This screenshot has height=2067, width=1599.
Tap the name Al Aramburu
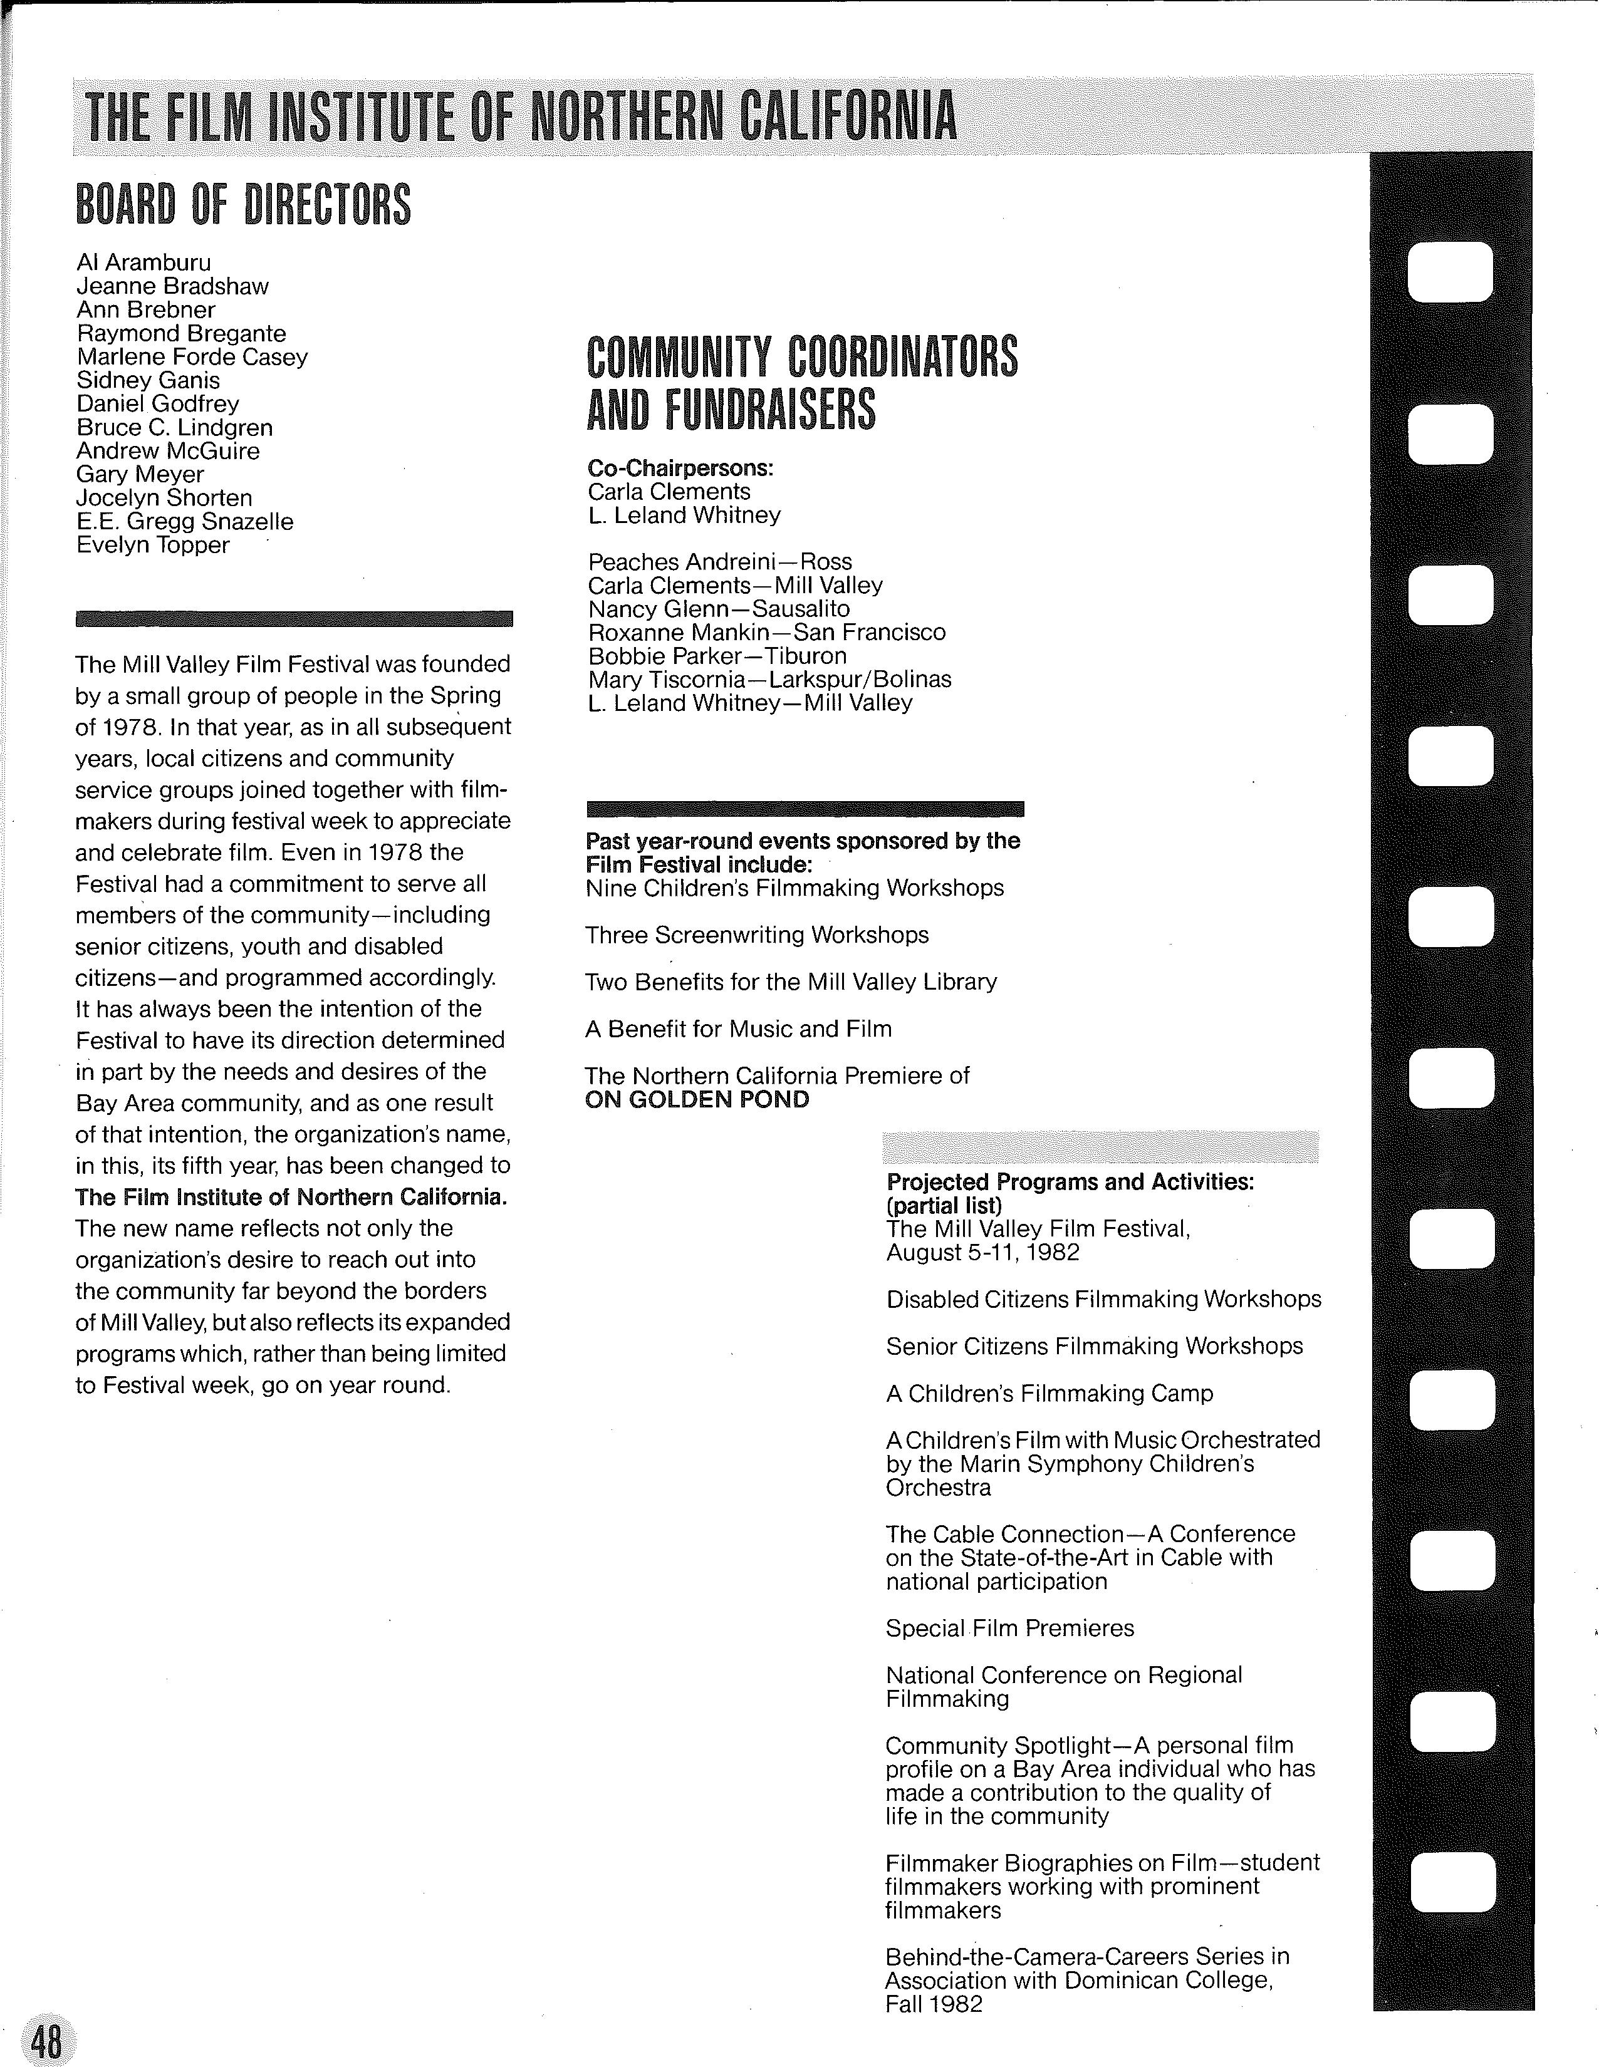pyautogui.click(x=144, y=262)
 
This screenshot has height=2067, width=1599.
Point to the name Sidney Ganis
pyautogui.click(x=148, y=380)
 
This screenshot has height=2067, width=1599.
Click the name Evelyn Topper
pyautogui.click(x=154, y=545)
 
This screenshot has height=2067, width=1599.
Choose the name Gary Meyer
pyautogui.click(x=140, y=474)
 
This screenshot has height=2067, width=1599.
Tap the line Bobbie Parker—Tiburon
pyautogui.click(x=717, y=656)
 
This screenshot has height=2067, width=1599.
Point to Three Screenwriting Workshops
pyautogui.click(x=756, y=935)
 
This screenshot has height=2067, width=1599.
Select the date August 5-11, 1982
pyautogui.click(x=982, y=1252)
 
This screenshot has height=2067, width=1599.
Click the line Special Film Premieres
pyautogui.click(x=1009, y=1628)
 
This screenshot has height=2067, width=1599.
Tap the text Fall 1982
pyautogui.click(x=934, y=2004)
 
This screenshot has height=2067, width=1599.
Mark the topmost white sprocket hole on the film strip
pyautogui.click(x=1451, y=272)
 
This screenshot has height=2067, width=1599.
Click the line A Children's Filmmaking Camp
pyautogui.click(x=1049, y=1393)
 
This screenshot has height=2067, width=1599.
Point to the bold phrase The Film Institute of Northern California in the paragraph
pyautogui.click(x=291, y=1197)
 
